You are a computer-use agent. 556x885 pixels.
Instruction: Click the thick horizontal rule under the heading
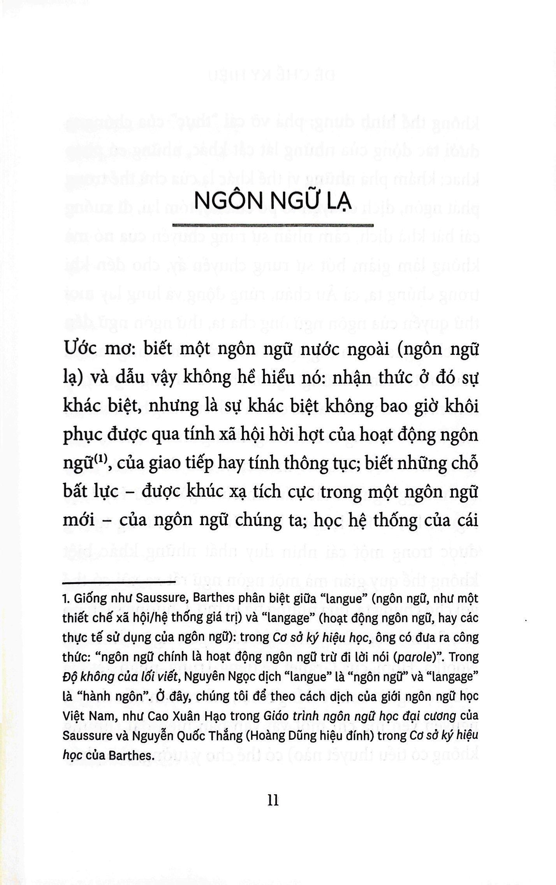point(273,225)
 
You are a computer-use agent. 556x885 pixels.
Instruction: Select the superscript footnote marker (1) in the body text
point(100,460)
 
